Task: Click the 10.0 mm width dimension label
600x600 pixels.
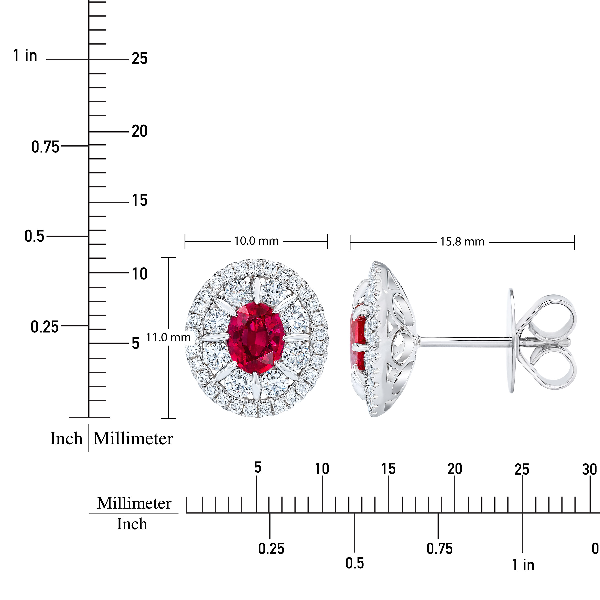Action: click(x=256, y=241)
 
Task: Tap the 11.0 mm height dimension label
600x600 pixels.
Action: click(x=168, y=337)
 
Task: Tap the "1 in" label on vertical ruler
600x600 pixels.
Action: click(x=25, y=56)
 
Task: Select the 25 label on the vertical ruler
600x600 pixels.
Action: click(x=140, y=59)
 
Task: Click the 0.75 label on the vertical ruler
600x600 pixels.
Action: click(x=45, y=147)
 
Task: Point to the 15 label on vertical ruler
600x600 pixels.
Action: click(x=140, y=200)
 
